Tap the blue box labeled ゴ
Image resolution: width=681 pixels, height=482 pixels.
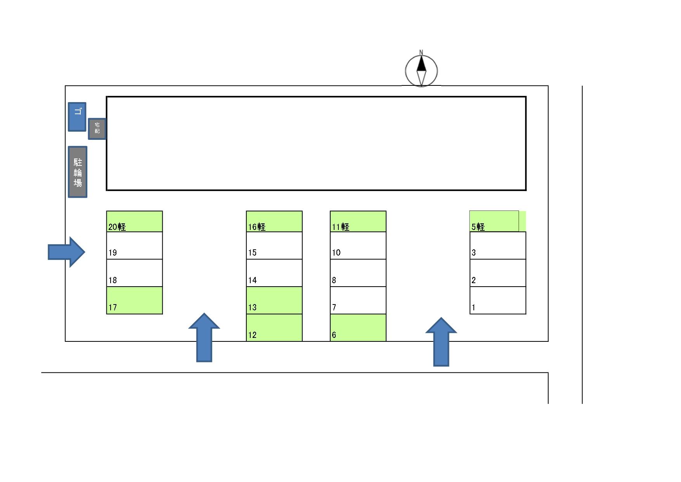pos(77,117)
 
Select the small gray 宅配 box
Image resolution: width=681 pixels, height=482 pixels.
pos(97,129)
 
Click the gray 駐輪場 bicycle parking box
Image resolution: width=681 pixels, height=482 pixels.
pos(78,172)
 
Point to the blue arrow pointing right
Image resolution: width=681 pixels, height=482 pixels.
pos(66,252)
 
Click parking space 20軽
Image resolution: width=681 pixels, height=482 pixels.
pos(134,221)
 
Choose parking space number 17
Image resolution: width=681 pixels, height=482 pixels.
pos(134,300)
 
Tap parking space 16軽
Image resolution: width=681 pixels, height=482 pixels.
pos(274,221)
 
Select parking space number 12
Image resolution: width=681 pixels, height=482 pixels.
pos(274,327)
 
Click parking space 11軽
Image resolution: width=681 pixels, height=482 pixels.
pos(358,221)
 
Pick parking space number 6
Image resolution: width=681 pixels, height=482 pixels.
pos(358,327)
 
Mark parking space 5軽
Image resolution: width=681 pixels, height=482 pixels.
pos(494,221)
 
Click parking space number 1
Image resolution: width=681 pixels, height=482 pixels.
pos(497,300)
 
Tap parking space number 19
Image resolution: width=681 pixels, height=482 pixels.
pos(134,245)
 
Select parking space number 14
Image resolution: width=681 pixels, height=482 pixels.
pos(274,273)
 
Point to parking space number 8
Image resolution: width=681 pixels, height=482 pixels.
pos(358,273)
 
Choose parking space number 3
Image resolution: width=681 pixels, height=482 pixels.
pos(497,245)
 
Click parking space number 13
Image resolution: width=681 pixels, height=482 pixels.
pos(274,300)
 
